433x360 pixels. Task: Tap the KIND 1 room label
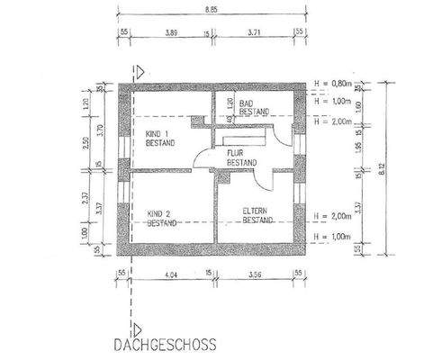point(159,138)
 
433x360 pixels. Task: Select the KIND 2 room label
point(159,217)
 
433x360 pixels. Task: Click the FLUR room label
point(241,157)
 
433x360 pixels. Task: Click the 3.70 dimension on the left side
point(100,129)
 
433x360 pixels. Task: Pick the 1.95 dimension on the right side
point(359,147)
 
